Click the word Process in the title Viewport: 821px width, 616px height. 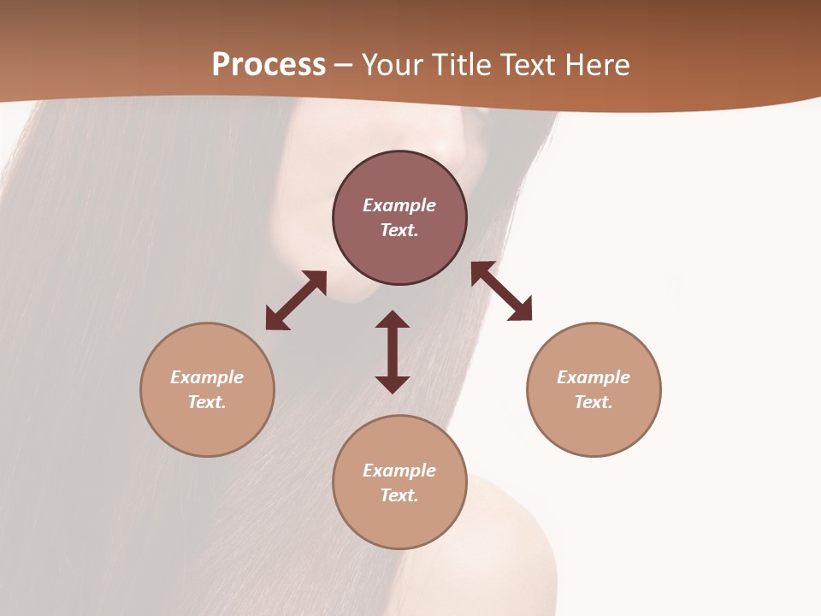pyautogui.click(x=269, y=65)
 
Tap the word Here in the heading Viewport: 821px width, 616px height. pyautogui.click(x=595, y=65)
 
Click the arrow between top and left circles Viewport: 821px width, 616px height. pyautogui.click(x=296, y=300)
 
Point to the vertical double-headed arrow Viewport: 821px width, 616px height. pyautogui.click(x=393, y=352)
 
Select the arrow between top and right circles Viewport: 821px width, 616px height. pyautogui.click(x=501, y=291)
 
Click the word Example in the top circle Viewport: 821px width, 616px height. pyautogui.click(x=399, y=205)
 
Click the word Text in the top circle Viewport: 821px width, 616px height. pyautogui.click(x=399, y=230)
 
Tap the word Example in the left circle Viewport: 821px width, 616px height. pyautogui.click(x=207, y=377)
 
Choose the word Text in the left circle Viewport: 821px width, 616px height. pyautogui.click(x=206, y=402)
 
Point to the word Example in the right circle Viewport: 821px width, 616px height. pyautogui.click(x=594, y=377)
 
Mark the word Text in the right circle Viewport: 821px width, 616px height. pyautogui.click(x=593, y=402)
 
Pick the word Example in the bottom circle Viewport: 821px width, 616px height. pyautogui.click(x=399, y=471)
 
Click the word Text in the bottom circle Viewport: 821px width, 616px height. pyautogui.click(x=399, y=495)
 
